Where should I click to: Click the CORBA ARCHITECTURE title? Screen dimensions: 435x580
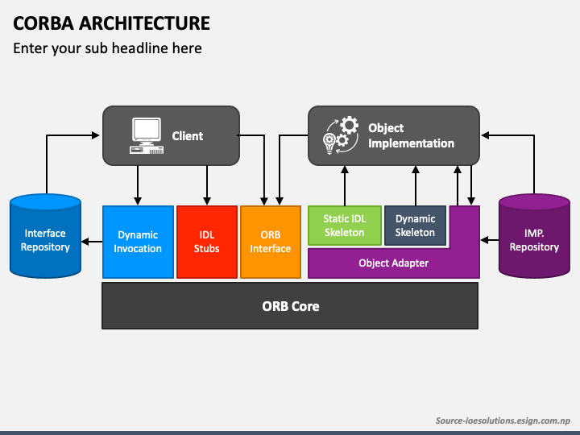pos(111,23)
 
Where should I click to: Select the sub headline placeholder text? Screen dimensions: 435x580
pos(107,48)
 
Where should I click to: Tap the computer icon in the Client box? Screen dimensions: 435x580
pos(145,135)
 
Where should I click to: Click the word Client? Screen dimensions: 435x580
pos(188,136)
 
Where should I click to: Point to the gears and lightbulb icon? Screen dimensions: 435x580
pos(340,135)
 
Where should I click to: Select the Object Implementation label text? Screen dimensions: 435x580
pos(411,135)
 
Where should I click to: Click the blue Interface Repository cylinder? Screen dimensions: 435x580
pos(45,238)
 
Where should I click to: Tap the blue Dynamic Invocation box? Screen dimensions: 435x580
pos(138,242)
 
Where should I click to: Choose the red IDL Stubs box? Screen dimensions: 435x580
pos(206,242)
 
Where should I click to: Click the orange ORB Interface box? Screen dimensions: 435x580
pos(270,242)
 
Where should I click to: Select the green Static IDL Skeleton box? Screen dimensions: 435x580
pos(344,226)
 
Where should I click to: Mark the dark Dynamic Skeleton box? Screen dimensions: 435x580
pos(415,226)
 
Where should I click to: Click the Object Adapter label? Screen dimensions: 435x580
pos(393,263)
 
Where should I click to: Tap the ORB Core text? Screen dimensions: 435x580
pos(290,306)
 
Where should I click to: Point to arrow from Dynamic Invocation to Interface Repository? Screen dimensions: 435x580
pos(92,241)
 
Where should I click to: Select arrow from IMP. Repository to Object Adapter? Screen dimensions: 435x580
pos(489,239)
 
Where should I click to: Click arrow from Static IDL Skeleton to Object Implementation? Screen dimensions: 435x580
pos(345,185)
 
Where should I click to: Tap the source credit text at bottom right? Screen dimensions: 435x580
pos(503,420)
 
